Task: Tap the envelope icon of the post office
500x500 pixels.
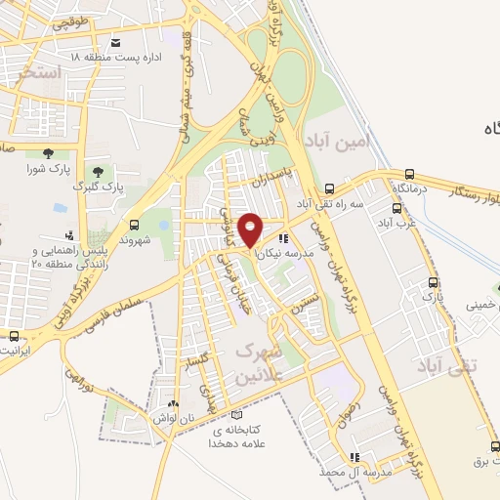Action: pos(117,42)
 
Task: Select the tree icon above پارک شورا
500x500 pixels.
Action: pos(48,152)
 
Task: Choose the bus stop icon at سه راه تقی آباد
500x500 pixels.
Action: pos(330,188)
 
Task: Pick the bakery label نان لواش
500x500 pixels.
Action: pos(172,418)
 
